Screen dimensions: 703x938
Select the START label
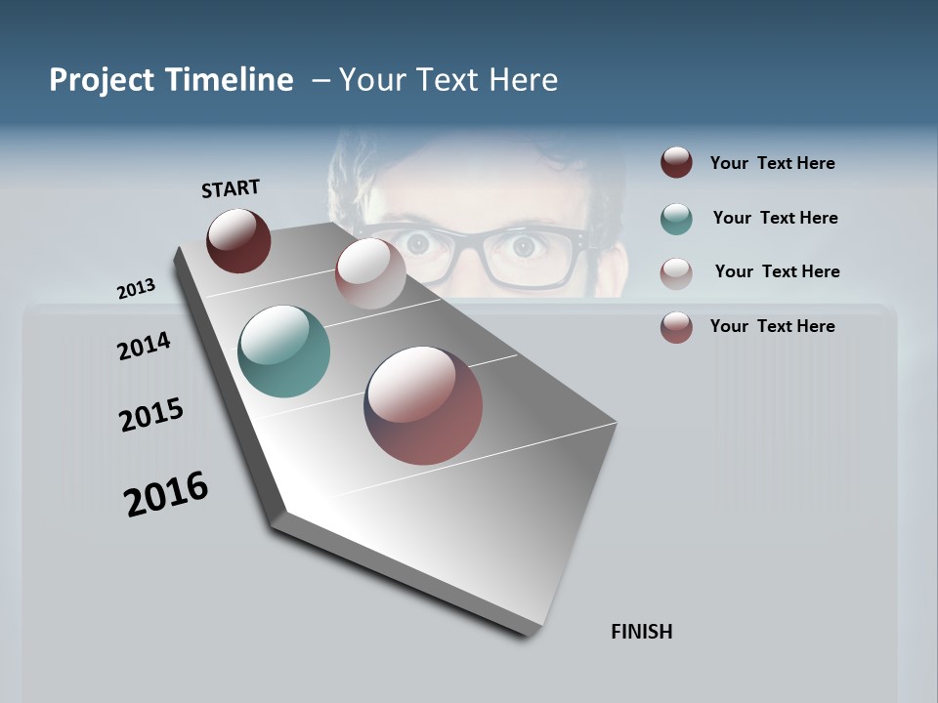coord(231,188)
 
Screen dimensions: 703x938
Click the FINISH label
coord(641,632)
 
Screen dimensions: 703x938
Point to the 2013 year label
coord(136,289)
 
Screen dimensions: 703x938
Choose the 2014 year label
coord(144,346)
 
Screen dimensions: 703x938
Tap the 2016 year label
coord(166,494)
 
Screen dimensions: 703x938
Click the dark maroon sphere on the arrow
coord(238,240)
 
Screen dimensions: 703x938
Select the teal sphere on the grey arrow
coord(284,351)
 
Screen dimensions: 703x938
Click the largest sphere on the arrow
coord(423,405)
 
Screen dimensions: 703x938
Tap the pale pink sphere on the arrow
coord(370,273)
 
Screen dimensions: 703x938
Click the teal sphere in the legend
coord(676,219)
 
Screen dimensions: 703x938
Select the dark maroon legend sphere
coord(676,163)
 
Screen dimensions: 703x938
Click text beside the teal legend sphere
coord(775,218)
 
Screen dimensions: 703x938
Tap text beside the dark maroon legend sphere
coord(772,163)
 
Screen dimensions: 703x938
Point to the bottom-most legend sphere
coord(676,327)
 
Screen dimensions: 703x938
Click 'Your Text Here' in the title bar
coord(448,80)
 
